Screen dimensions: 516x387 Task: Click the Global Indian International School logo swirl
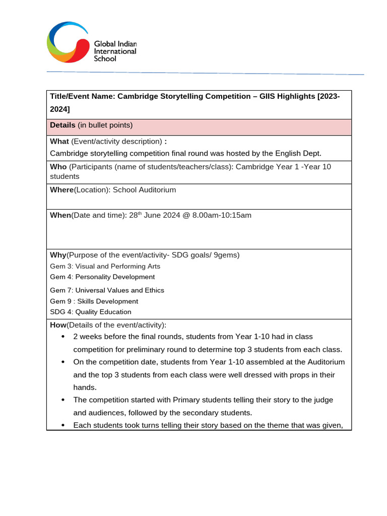68,42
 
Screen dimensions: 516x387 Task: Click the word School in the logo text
105,58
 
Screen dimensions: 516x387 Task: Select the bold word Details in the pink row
62,125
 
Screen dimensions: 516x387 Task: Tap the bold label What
59,141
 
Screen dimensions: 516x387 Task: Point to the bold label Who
58,167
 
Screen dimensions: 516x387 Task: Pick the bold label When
60,215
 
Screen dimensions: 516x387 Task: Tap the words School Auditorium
144,190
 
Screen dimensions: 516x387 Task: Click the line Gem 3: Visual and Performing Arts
105,266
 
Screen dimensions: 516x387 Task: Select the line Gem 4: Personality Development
102,277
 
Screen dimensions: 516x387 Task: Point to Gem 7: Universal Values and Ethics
107,290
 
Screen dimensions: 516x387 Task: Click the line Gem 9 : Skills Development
94,301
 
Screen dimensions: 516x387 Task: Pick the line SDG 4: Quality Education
91,312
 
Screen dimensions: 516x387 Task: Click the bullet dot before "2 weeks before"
62,337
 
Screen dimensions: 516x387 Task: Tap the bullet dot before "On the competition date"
62,362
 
